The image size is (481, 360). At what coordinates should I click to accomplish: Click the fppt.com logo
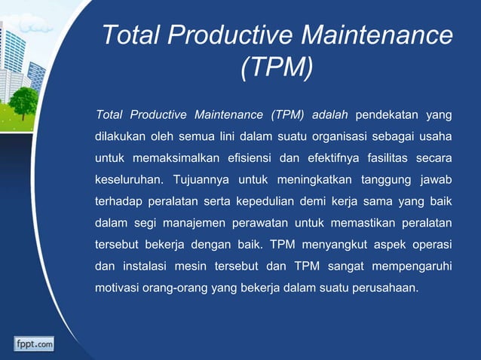coord(34,343)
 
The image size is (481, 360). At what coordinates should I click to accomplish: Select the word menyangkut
coord(335,245)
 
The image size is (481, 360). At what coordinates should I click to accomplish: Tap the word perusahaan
coord(381,288)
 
